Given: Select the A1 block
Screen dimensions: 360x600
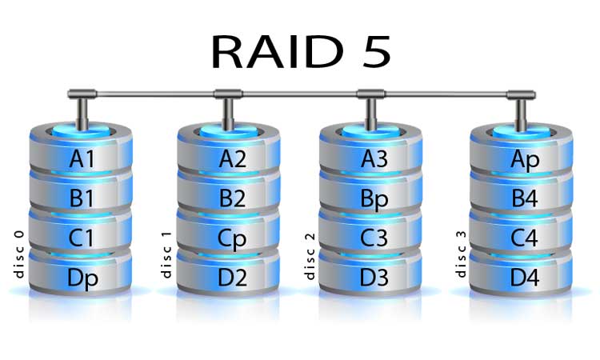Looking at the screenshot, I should (x=82, y=159).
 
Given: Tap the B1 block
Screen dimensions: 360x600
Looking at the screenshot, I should (x=82, y=198).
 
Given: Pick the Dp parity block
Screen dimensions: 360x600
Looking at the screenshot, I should (x=82, y=276).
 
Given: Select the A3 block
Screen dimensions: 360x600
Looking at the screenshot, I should (x=374, y=159).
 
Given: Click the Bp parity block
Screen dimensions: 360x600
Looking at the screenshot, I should (x=374, y=198).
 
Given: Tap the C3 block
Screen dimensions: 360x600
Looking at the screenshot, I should (x=374, y=238).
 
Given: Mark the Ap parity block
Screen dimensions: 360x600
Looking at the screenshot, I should (x=525, y=159).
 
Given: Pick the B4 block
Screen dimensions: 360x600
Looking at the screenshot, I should (x=525, y=198).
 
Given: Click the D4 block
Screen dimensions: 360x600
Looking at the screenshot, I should (x=525, y=276).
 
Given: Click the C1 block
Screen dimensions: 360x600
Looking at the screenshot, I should (x=82, y=238).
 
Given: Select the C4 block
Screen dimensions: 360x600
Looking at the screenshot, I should (x=525, y=238).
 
